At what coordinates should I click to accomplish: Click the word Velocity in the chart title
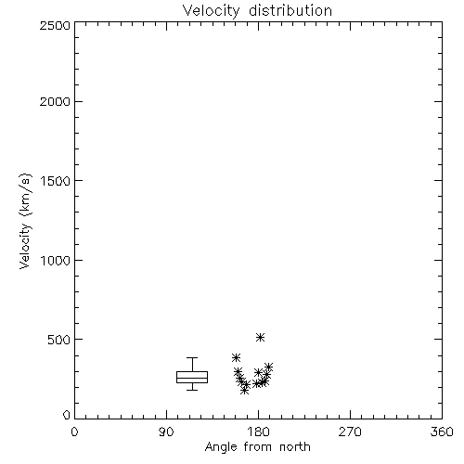212,11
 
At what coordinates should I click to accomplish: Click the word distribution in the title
290,10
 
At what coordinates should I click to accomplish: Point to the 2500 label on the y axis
55,25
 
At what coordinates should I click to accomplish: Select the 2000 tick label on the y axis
55,101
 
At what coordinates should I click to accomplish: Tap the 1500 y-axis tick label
56,181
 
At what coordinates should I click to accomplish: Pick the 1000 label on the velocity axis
56,261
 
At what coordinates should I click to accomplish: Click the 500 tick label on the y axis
59,340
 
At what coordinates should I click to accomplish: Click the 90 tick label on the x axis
166,432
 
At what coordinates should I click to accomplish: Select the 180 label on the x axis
258,432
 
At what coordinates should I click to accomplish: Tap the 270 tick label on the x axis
350,432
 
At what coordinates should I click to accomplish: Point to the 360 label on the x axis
442,432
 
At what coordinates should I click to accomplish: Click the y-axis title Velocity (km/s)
25,221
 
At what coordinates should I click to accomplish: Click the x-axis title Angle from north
258,447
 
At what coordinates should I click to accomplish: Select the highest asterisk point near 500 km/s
261,337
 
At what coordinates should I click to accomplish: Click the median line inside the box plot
192,378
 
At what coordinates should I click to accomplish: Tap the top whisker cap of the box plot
192,358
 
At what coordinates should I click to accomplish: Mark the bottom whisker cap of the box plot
192,390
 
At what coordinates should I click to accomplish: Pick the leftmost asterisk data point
236,358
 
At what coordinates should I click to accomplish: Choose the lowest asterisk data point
244,391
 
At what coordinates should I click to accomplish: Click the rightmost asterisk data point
268,367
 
